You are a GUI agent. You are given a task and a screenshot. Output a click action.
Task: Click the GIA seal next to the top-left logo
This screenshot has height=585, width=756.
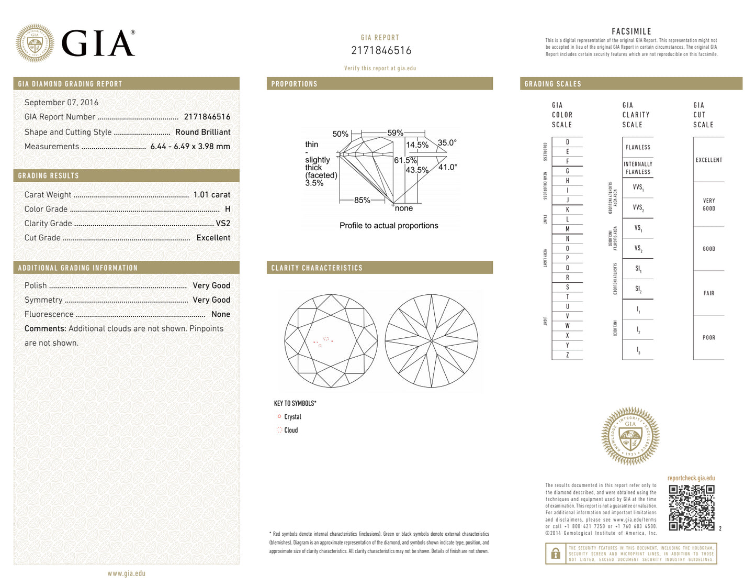point(35,43)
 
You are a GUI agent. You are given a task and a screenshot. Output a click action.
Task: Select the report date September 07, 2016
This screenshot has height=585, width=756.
point(61,103)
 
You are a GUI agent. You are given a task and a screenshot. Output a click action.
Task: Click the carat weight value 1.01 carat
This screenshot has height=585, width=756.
point(211,195)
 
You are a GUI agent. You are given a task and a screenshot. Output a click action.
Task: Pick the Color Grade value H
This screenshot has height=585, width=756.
point(228,209)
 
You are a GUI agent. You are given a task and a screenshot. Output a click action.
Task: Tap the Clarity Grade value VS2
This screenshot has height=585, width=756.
point(223,223)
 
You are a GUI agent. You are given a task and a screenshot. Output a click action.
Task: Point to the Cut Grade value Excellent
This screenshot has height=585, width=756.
point(213,238)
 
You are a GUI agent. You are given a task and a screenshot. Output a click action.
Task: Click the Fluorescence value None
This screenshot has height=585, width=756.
point(220,314)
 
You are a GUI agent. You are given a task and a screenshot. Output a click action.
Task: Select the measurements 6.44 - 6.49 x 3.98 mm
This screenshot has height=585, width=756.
point(190,147)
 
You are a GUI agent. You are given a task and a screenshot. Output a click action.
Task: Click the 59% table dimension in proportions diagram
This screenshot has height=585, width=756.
point(395,133)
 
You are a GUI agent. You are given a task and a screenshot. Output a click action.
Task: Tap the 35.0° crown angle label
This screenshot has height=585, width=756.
point(447,142)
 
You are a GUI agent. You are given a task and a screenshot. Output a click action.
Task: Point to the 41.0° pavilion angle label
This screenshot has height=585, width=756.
point(448,167)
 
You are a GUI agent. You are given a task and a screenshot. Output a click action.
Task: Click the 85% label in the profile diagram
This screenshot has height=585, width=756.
point(362,200)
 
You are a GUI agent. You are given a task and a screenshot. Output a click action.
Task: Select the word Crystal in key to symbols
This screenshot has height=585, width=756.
point(292,417)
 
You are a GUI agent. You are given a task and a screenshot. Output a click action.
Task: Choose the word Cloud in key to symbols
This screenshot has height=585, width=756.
point(291,431)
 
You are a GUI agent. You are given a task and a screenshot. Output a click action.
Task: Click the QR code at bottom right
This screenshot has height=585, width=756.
point(691,507)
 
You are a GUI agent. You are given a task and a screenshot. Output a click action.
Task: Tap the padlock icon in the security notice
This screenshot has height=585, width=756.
point(556,554)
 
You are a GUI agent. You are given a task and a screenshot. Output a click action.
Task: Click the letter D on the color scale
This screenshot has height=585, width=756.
point(567,142)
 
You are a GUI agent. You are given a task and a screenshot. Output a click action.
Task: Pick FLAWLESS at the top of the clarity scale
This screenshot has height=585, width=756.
point(638,148)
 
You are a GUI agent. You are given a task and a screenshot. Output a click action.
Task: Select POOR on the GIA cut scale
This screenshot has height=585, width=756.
point(708,338)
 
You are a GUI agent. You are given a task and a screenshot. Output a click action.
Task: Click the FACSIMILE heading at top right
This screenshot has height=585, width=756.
point(631,31)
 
